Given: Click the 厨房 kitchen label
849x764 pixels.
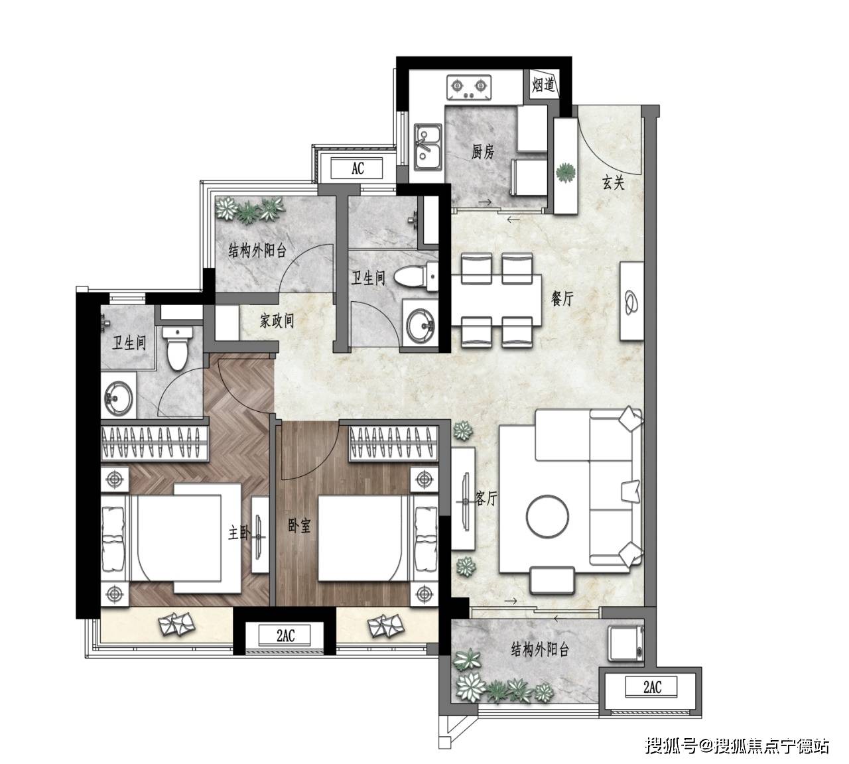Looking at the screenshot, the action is tap(483, 151).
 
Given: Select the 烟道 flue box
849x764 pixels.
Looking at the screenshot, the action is tap(543, 85).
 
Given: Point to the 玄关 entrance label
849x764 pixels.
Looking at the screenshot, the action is tap(614, 183).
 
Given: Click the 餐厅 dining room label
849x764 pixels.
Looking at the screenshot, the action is tap(562, 299).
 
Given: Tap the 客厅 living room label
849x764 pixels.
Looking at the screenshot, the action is tap(486, 498).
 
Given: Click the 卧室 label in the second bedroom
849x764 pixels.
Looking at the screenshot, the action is tap(299, 526).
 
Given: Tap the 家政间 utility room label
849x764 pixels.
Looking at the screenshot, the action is tap(277, 320).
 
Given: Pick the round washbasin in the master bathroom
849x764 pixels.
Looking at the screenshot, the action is tap(119, 397).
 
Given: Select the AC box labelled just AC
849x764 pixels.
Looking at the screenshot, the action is tap(357, 168).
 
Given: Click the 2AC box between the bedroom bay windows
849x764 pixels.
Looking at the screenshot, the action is tap(285, 636).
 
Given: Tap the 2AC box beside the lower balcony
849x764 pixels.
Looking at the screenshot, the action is tap(652, 687).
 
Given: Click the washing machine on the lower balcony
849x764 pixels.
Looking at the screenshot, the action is tap(625, 643).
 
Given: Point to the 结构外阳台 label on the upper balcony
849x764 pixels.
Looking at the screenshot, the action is tap(257, 251).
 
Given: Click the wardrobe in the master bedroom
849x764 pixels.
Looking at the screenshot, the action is tap(155, 443).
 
